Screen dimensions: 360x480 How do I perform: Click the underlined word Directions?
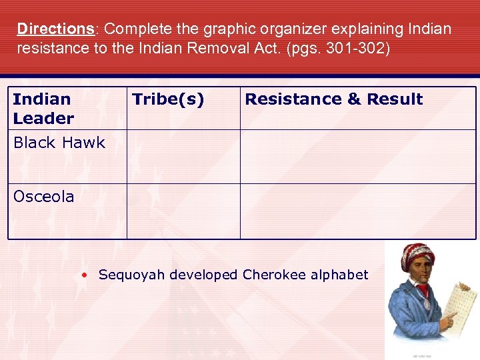(x=56, y=29)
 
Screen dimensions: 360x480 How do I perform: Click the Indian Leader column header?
(x=43, y=109)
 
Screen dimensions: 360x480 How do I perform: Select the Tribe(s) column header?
(x=168, y=99)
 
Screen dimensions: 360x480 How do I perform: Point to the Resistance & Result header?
(x=333, y=99)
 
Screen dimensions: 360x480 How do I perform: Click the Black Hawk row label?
(x=59, y=143)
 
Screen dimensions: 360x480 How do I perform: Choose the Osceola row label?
(x=44, y=197)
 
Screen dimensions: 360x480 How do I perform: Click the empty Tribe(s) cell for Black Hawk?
(x=183, y=157)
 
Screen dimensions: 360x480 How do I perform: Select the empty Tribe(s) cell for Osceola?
(x=183, y=211)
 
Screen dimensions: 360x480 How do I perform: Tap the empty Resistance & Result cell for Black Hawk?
(x=358, y=157)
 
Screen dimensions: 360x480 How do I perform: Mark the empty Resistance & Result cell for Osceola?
(x=358, y=211)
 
